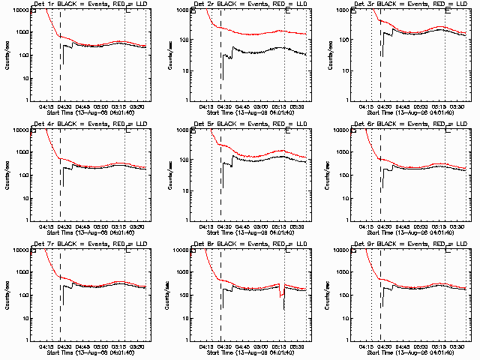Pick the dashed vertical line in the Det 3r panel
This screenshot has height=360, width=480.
[x=381, y=60]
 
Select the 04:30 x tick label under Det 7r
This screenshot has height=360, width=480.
[x=64, y=346]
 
